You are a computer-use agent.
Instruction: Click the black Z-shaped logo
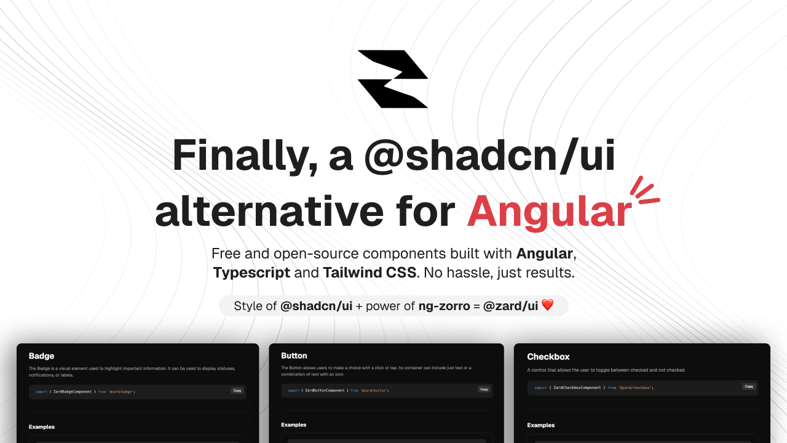click(393, 79)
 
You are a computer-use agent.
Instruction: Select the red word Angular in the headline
click(549, 211)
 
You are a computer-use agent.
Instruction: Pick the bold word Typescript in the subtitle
click(251, 273)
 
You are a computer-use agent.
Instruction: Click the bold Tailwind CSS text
click(370, 273)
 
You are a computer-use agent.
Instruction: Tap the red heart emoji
click(547, 305)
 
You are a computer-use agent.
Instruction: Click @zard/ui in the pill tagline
click(510, 306)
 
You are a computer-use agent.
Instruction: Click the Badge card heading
click(41, 356)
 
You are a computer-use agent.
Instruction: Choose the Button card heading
click(294, 356)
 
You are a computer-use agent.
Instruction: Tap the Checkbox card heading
click(548, 356)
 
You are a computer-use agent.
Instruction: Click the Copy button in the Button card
click(484, 389)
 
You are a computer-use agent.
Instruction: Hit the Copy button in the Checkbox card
click(748, 387)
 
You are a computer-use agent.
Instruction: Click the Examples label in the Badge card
click(42, 427)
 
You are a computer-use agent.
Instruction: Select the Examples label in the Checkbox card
click(541, 425)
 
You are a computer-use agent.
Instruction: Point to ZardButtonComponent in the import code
click(326, 390)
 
